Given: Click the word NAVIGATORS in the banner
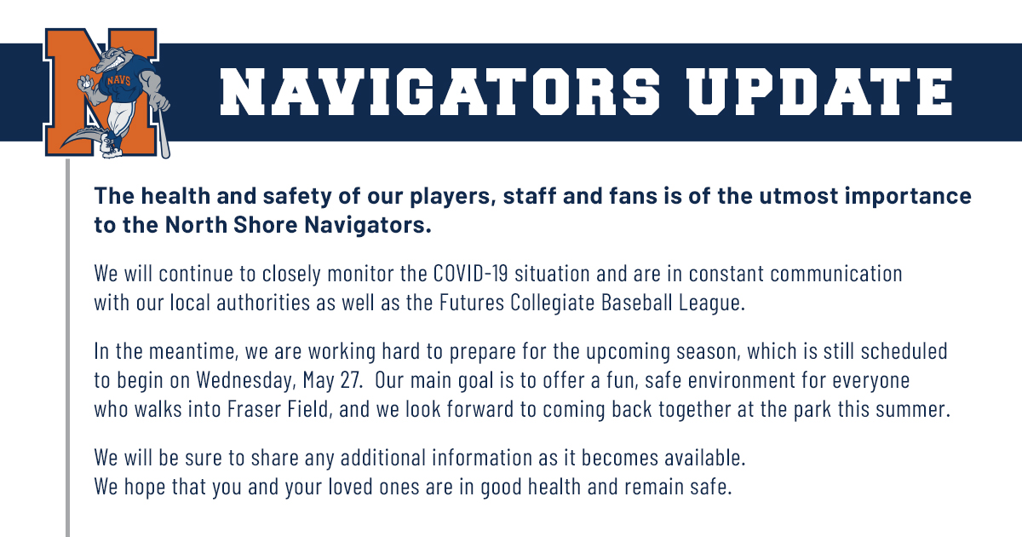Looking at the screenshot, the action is click(x=439, y=92).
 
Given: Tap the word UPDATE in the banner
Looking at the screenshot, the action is click(x=820, y=92).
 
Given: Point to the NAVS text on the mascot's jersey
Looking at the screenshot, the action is click(x=119, y=81).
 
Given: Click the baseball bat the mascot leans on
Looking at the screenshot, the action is click(x=164, y=132).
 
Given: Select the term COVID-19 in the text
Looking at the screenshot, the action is click(x=470, y=274).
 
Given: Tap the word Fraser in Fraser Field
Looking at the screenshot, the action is click(x=254, y=408).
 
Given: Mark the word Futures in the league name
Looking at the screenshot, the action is click(x=472, y=303).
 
